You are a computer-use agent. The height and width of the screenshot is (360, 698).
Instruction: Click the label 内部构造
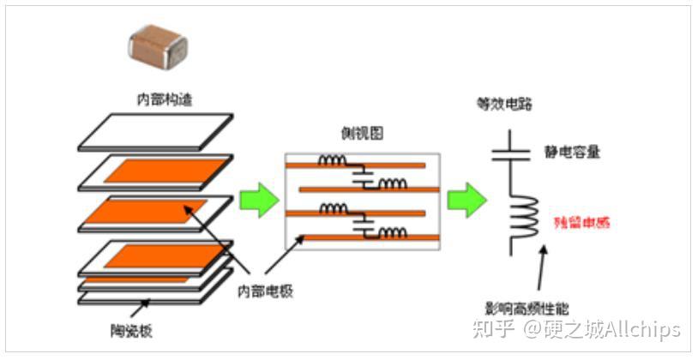click(165, 100)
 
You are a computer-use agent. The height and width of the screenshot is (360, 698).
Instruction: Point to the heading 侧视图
click(361, 134)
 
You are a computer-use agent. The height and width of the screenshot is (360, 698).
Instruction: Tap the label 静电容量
click(572, 153)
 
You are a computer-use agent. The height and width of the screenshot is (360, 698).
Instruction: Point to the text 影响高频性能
click(527, 308)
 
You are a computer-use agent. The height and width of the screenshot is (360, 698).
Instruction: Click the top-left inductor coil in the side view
click(334, 160)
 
